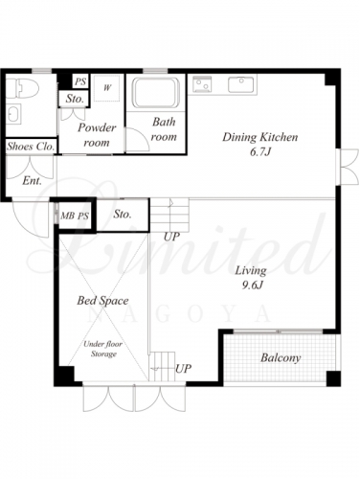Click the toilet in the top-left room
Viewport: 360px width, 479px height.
(x=23, y=88)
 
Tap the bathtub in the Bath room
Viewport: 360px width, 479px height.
(x=155, y=93)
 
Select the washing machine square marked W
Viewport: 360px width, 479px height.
(x=107, y=88)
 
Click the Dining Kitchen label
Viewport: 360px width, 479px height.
(x=259, y=137)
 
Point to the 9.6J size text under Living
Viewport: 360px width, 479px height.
(x=252, y=285)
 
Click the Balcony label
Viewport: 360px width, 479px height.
(x=281, y=358)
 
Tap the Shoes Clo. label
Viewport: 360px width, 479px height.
(x=31, y=147)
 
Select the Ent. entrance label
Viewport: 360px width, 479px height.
(x=32, y=181)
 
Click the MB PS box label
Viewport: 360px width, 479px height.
(x=75, y=217)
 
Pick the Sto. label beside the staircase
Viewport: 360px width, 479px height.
(x=123, y=214)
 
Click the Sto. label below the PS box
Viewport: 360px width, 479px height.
(x=75, y=99)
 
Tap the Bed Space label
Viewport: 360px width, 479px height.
(x=102, y=301)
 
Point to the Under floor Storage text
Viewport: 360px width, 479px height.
(x=103, y=349)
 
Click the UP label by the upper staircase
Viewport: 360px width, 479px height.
(x=171, y=237)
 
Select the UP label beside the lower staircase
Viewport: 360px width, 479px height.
(x=183, y=369)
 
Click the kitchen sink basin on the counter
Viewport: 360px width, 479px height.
(x=241, y=84)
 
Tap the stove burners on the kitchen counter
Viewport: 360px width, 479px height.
(x=202, y=84)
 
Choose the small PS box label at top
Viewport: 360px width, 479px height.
(x=80, y=81)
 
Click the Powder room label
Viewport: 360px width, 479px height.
(x=97, y=135)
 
